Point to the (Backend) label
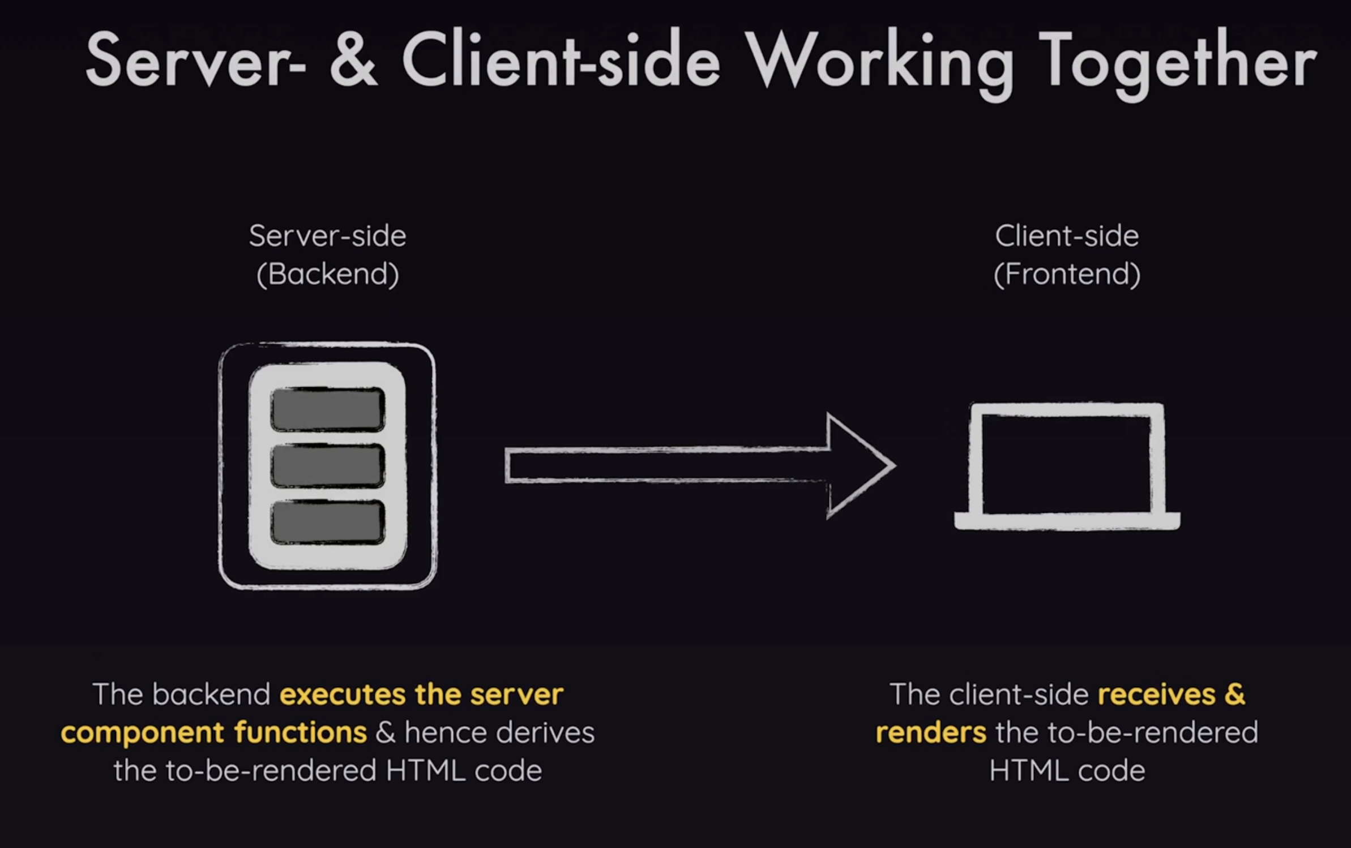click(328, 274)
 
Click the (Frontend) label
click(1067, 274)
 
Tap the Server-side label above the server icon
click(328, 235)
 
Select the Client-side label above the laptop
click(1067, 235)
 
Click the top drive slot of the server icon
click(328, 409)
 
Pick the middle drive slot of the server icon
click(328, 466)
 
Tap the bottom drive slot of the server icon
click(328, 522)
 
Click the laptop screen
click(1066, 463)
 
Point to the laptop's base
click(1067, 520)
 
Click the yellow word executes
click(343, 695)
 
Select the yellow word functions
click(300, 733)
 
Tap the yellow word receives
click(1156, 695)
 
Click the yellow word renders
click(931, 733)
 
